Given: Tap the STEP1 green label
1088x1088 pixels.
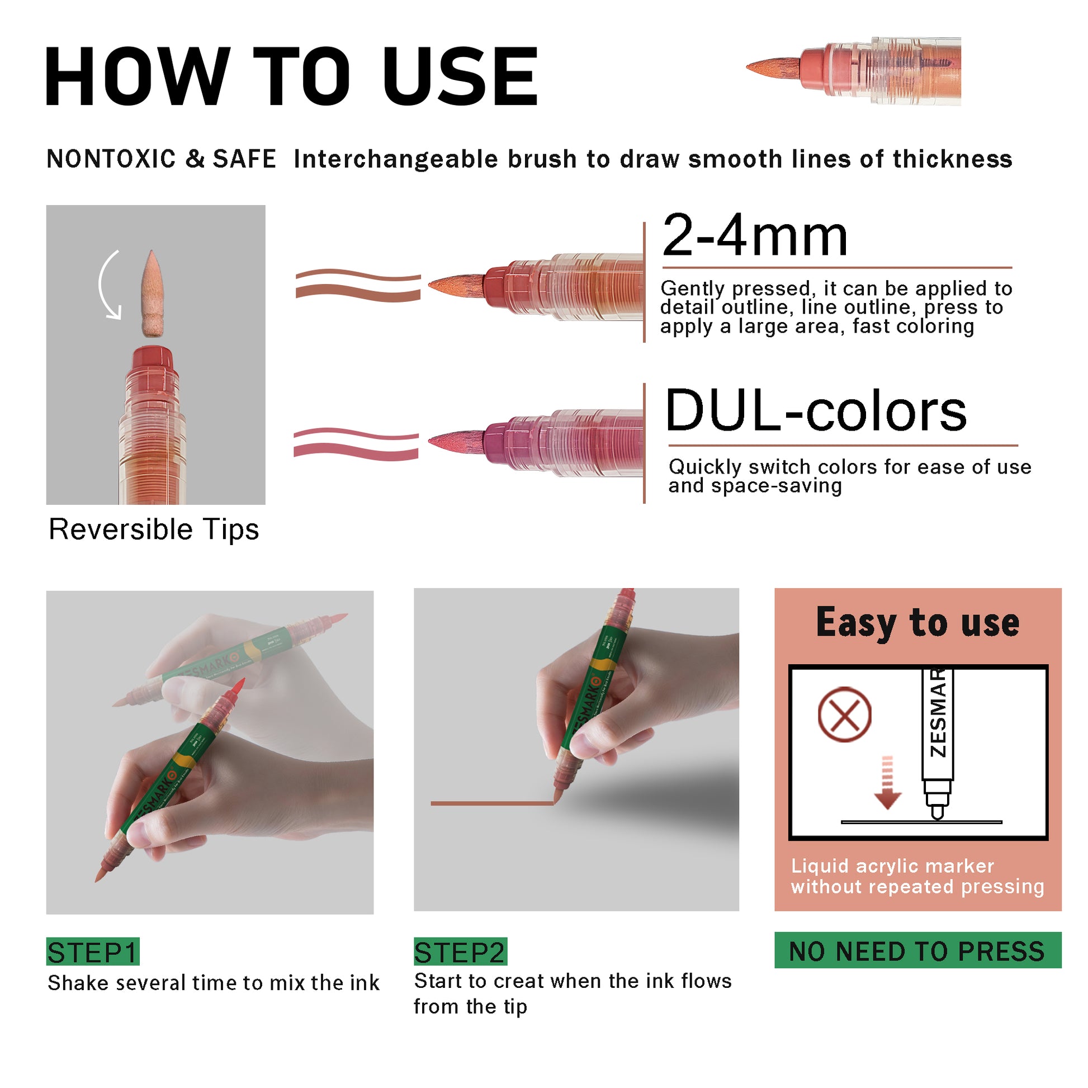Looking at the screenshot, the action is [93, 952].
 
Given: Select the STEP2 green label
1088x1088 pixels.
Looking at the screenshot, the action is [460, 952].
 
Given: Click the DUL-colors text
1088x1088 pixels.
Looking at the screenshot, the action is [815, 410].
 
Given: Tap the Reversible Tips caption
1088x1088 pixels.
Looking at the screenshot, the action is [154, 529].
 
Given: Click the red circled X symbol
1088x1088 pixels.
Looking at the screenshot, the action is [844, 714].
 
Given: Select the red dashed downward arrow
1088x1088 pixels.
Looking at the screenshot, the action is [887, 783].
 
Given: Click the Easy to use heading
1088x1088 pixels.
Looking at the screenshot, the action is [918, 623].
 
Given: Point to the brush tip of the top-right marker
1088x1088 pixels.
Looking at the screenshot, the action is [774, 68].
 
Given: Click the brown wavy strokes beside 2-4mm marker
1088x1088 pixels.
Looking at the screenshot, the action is [358, 286].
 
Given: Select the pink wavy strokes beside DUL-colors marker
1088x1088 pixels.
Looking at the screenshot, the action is [357, 444].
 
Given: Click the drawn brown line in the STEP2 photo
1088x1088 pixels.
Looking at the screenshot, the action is [492, 803].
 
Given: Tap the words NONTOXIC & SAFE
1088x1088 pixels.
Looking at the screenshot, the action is [161, 159].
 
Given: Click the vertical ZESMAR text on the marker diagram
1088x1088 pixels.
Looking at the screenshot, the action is [938, 713].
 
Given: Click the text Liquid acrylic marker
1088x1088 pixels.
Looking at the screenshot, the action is [892, 865].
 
